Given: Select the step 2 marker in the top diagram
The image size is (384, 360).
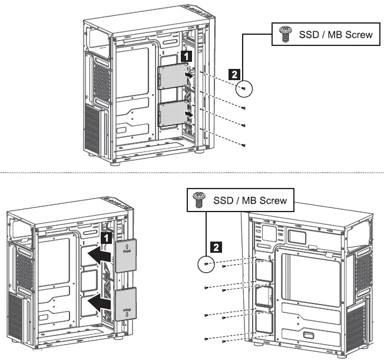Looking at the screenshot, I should (234, 75).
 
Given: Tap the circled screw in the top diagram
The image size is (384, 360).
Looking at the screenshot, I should (243, 88).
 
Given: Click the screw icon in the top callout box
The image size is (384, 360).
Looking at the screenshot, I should (286, 35).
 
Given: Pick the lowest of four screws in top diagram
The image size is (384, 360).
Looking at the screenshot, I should (243, 144).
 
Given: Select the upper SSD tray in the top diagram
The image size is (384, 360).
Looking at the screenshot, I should (171, 76).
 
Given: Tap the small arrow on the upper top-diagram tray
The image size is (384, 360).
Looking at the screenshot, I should (187, 75).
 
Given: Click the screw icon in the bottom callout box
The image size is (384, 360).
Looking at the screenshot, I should (198, 201).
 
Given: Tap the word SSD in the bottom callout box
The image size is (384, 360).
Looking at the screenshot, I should (223, 201).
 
